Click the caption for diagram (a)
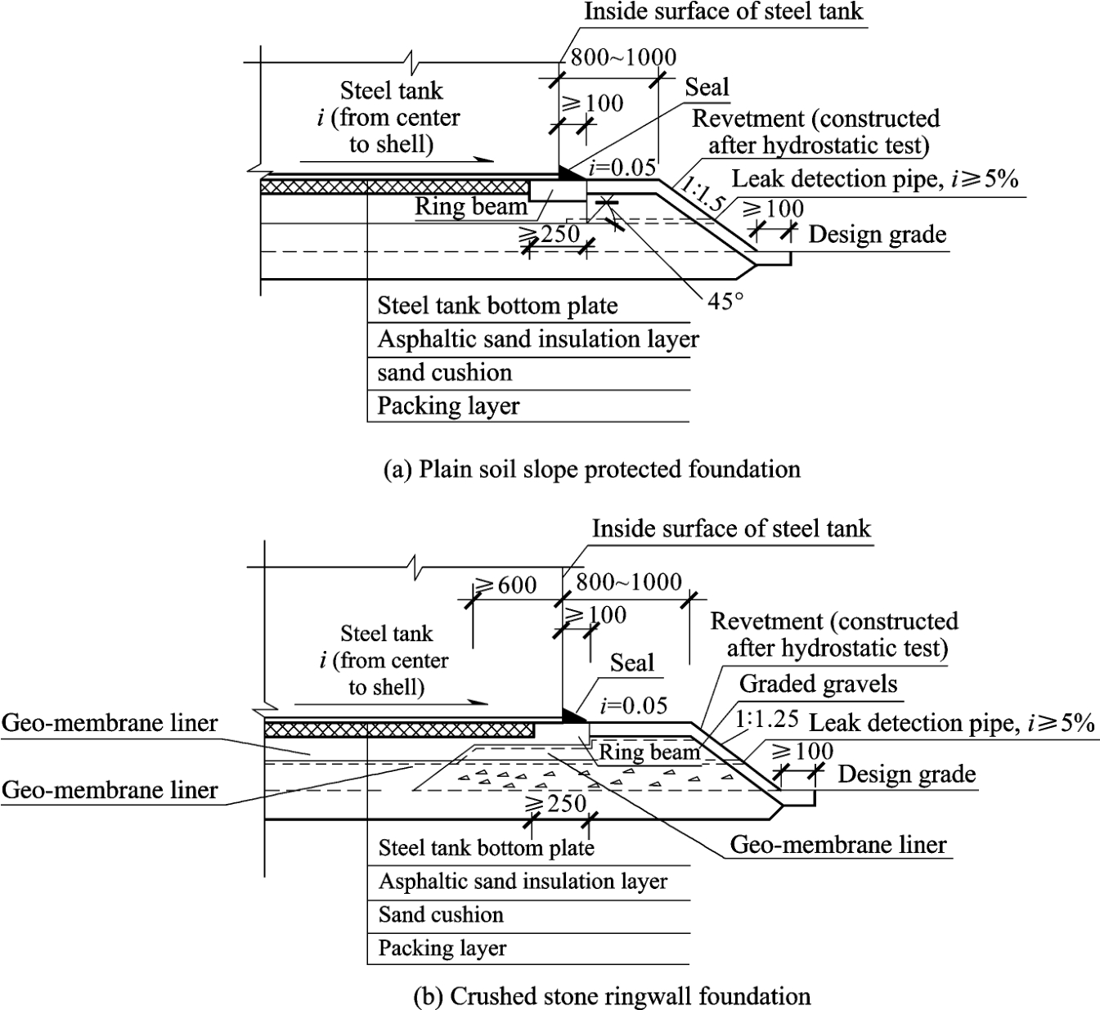(592, 469)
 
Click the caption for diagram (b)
(612, 996)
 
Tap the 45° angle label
(725, 301)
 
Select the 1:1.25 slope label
(766, 719)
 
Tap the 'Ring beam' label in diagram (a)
(471, 207)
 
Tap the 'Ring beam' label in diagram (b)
(649, 752)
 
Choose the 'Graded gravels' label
(818, 684)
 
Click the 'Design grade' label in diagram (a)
(878, 234)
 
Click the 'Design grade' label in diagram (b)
(907, 774)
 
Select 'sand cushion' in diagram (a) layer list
(445, 373)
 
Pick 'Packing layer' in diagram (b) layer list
(442, 948)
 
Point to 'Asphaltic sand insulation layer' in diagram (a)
(538, 339)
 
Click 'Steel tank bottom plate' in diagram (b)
(487, 848)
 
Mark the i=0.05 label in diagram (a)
(622, 167)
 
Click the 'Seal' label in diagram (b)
(632, 663)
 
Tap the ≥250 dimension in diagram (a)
(550, 234)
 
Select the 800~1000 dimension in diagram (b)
(629, 581)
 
